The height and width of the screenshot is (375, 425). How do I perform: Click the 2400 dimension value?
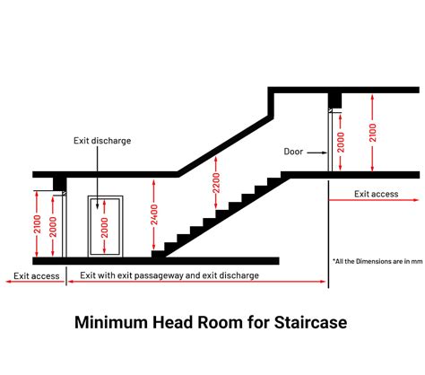tap(154, 214)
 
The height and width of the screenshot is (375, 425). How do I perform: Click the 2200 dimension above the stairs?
tap(216, 183)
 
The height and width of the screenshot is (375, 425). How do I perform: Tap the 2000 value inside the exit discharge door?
tap(104, 228)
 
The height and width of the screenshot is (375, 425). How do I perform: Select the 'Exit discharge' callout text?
tap(102, 141)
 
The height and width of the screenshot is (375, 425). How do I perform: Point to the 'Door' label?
tap(293, 152)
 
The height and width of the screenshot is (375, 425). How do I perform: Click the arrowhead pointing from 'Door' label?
tap(325, 153)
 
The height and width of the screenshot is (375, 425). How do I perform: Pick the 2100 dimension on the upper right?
tap(372, 133)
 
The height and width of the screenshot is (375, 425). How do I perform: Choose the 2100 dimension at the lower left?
tap(37, 224)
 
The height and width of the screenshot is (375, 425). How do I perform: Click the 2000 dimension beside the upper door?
tap(341, 143)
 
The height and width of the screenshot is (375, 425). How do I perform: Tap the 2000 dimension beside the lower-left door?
tap(53, 227)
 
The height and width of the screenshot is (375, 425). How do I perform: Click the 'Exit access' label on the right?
tap(377, 194)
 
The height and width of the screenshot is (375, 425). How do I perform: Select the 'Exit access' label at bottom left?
tap(37, 275)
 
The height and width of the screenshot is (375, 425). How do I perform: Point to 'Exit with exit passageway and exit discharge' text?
tap(169, 275)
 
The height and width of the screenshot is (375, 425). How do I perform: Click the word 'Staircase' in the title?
tap(310, 322)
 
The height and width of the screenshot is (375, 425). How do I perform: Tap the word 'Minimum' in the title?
tap(111, 322)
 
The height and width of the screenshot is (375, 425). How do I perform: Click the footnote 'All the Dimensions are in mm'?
tap(377, 261)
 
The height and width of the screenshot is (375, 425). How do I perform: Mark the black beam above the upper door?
tap(334, 100)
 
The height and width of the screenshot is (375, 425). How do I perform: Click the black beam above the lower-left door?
tap(60, 184)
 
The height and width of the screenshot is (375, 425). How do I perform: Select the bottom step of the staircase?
tap(158, 254)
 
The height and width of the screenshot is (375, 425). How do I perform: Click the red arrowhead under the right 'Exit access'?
tap(416, 200)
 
